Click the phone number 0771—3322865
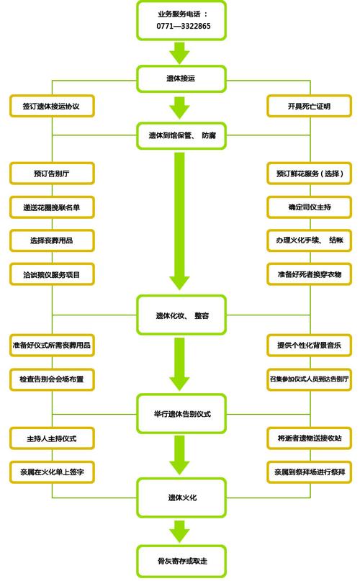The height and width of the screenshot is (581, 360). click(182, 26)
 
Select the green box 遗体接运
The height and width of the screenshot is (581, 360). click(182, 77)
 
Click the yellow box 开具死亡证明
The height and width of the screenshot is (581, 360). click(309, 107)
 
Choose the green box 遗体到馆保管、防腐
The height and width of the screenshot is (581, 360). click(182, 135)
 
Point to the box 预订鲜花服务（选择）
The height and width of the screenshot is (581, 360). click(309, 174)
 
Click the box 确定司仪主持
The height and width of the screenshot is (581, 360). click(309, 207)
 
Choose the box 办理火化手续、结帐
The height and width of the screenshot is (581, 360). click(309, 240)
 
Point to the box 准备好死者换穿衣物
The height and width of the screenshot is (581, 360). click(309, 274)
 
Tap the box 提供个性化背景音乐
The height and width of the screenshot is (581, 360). click(309, 345)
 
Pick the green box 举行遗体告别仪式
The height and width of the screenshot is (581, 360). click(182, 414)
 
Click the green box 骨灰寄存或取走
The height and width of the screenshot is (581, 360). click(182, 560)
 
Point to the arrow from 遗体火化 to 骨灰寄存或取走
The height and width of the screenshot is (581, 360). click(182, 531)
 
